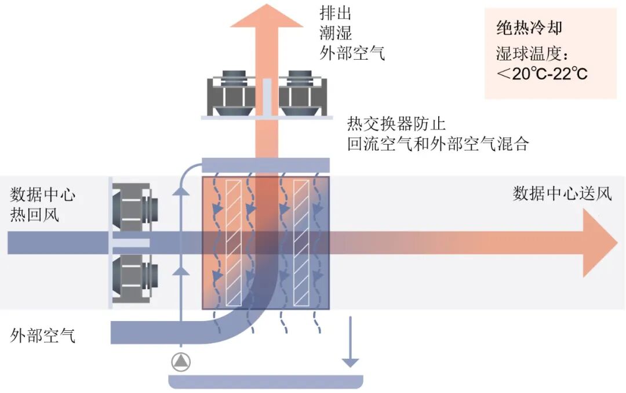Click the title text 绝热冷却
coord(529,28)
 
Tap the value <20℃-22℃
coord(542,74)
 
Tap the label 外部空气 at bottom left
coord(43,335)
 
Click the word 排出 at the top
coord(336,13)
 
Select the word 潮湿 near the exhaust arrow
coord(336,33)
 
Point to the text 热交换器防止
coord(396,124)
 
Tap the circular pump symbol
coord(181,362)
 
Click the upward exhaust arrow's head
coord(266,17)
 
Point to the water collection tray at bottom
coord(265,381)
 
